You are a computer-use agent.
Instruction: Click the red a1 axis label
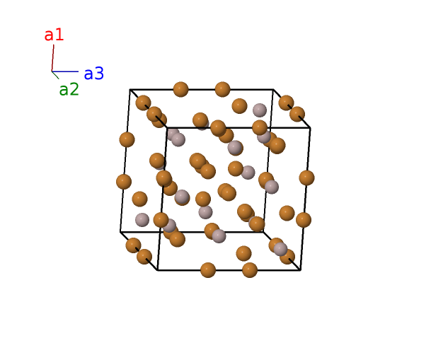tap(54, 35)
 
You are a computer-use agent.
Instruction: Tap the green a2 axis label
tap(69, 90)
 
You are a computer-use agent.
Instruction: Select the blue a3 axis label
tap(93, 74)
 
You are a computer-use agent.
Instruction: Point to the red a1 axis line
tap(53, 57)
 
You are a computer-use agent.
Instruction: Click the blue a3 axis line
tap(65, 71)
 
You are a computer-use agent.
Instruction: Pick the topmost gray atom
tap(260, 110)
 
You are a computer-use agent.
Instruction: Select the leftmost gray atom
tap(142, 219)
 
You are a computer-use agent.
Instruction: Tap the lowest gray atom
tap(281, 249)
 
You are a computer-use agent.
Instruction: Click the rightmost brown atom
tap(306, 178)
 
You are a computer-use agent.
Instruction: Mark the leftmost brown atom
tap(124, 182)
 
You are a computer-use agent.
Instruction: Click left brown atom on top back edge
tap(180, 89)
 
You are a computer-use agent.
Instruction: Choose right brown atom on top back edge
tap(222, 89)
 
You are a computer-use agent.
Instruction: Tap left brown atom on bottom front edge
tap(207, 269)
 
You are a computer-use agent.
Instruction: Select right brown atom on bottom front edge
tap(249, 269)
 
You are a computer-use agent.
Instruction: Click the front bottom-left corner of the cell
tap(157, 270)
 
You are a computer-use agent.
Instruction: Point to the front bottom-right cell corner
tap(300, 269)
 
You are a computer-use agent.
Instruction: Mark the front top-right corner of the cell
tap(310, 127)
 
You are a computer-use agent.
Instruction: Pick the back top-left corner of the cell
tap(130, 90)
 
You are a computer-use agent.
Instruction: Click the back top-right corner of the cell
tap(273, 90)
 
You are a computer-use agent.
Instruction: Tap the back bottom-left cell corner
tap(120, 232)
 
